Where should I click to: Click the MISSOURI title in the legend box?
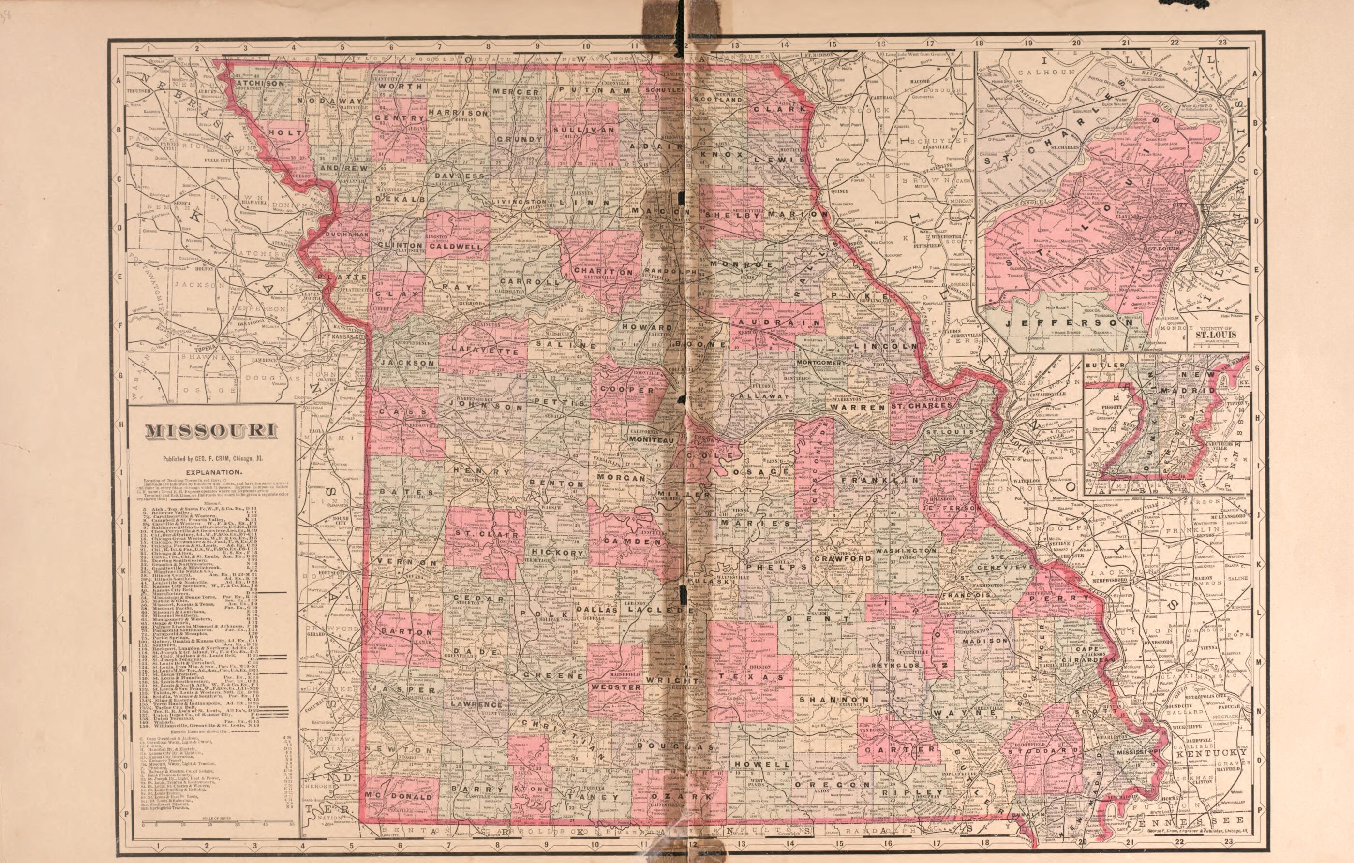point(211,431)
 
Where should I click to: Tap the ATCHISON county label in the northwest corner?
point(260,83)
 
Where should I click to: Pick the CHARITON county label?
point(603,271)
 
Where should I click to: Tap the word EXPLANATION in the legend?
point(213,472)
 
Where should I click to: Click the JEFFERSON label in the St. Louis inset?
point(1069,323)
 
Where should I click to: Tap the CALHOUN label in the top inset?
point(1046,72)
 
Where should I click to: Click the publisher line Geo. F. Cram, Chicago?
point(212,458)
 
